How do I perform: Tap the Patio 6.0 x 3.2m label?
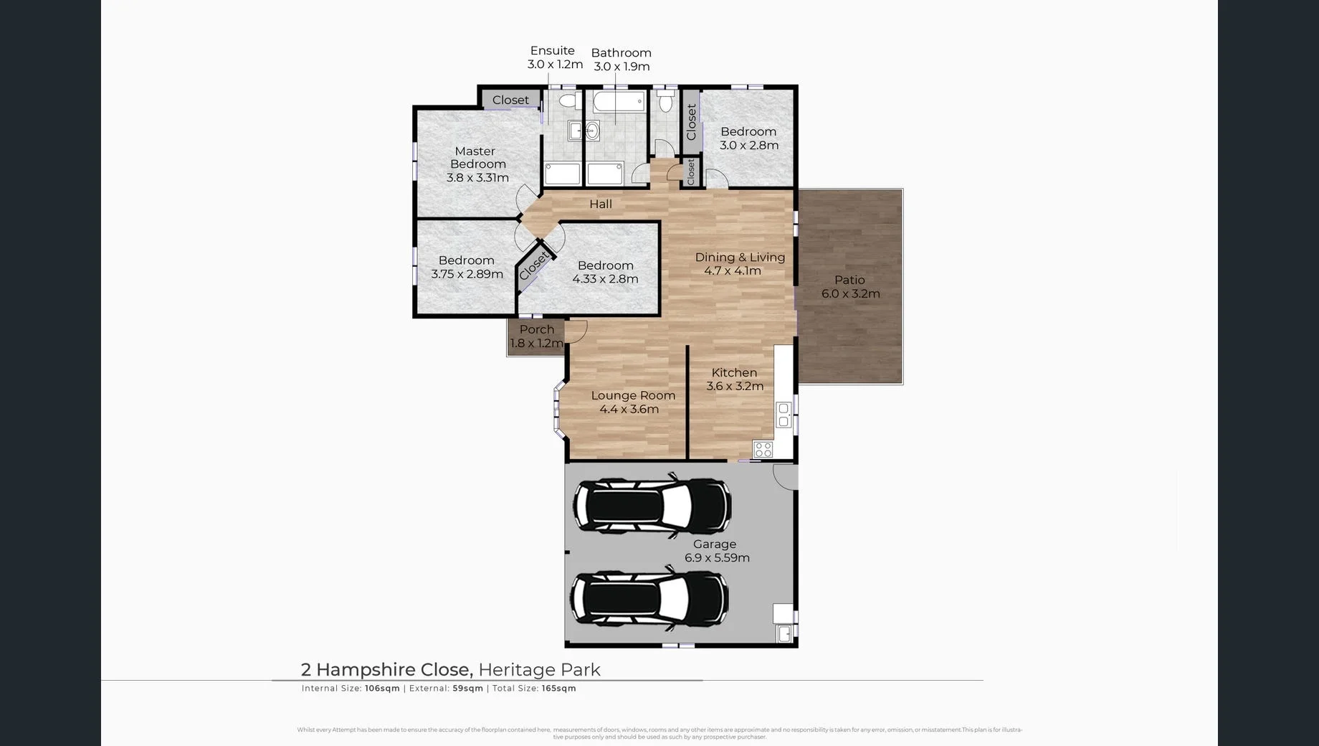(x=850, y=287)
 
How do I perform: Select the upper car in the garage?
(x=652, y=506)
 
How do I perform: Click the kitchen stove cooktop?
(x=763, y=450)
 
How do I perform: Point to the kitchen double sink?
(x=784, y=415)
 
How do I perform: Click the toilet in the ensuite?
(x=568, y=100)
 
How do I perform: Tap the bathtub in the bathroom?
(x=618, y=101)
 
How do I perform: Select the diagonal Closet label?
(x=534, y=266)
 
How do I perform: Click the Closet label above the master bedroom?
(x=510, y=100)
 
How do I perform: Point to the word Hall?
(x=601, y=204)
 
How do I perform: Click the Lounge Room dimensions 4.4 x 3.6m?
(x=629, y=410)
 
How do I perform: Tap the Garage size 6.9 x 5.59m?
(x=717, y=558)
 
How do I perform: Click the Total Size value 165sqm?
(x=558, y=689)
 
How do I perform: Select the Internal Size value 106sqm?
(x=382, y=689)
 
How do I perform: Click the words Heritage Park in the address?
(x=539, y=670)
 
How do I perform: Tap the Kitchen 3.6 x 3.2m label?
(x=735, y=379)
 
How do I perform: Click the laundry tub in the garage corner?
(x=784, y=634)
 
